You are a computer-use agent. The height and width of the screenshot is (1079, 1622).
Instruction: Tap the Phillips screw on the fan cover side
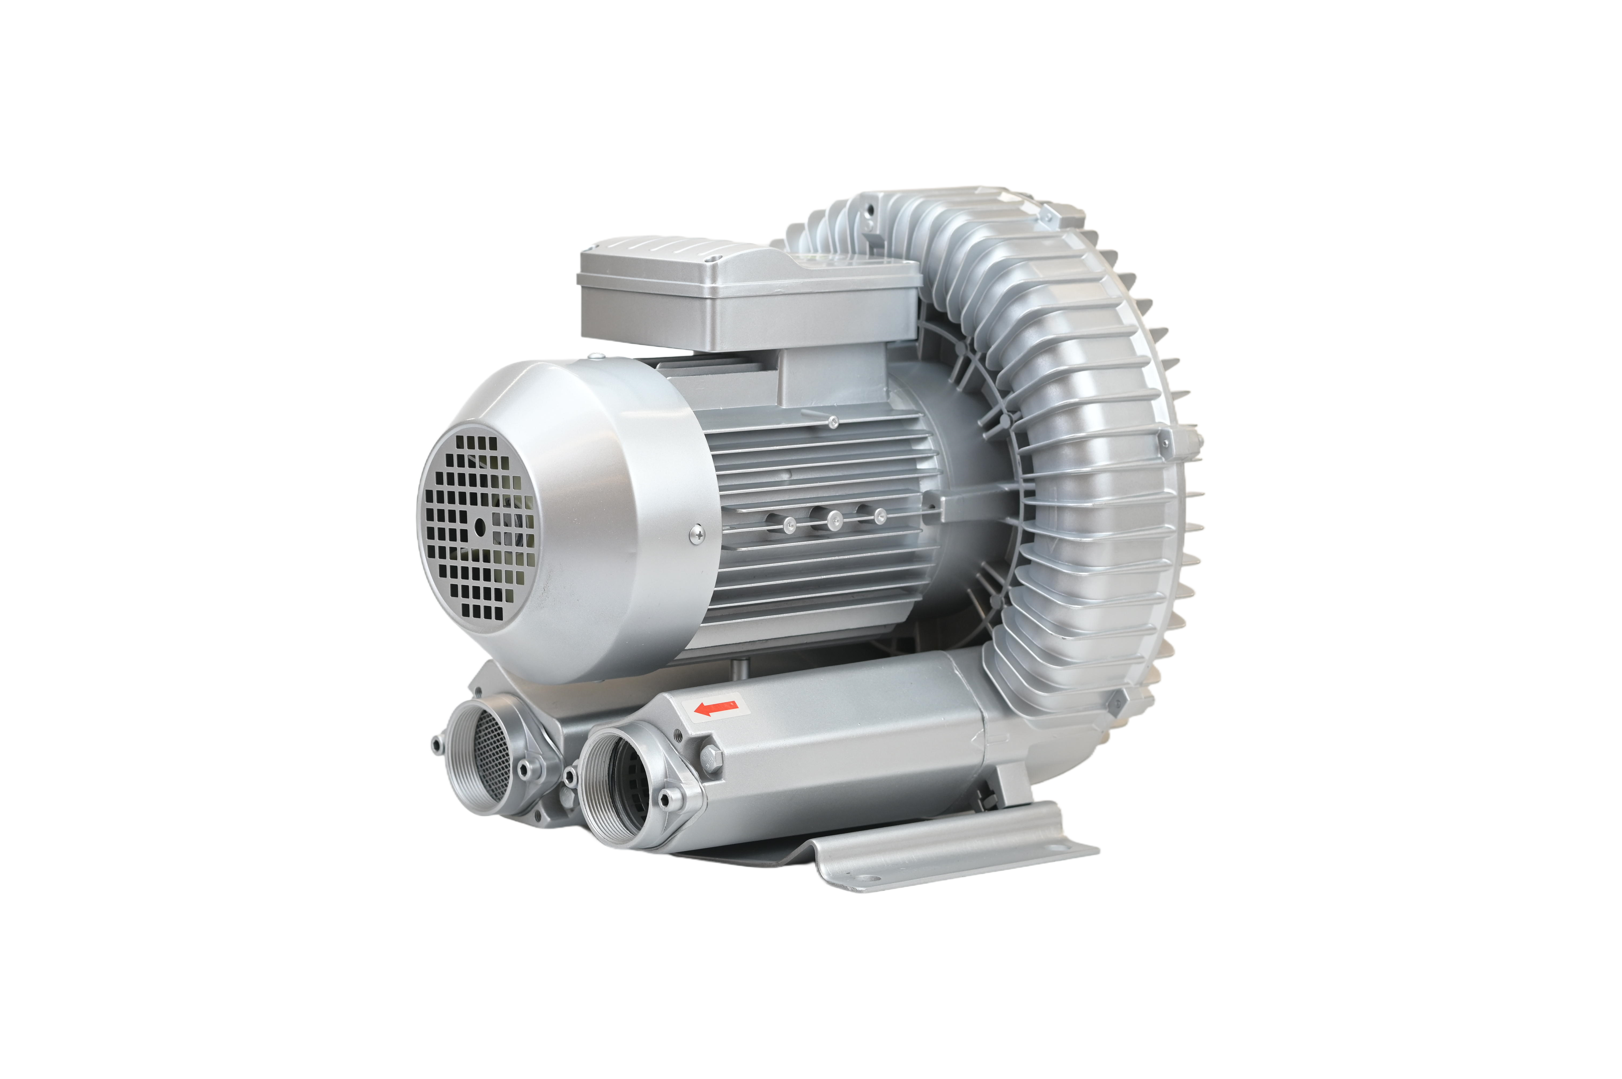click(x=696, y=533)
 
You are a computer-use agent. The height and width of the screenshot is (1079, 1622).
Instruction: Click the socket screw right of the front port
click(x=665, y=798)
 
